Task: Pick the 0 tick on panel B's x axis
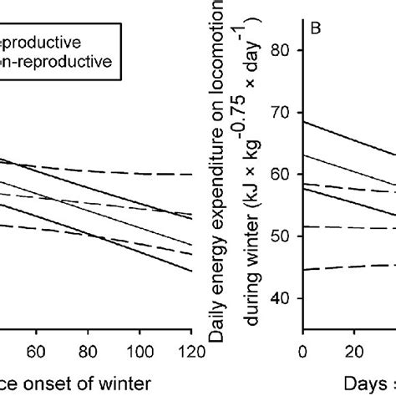pyautogui.click(x=302, y=349)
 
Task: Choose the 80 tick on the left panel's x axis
pyautogui.click(x=88, y=349)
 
